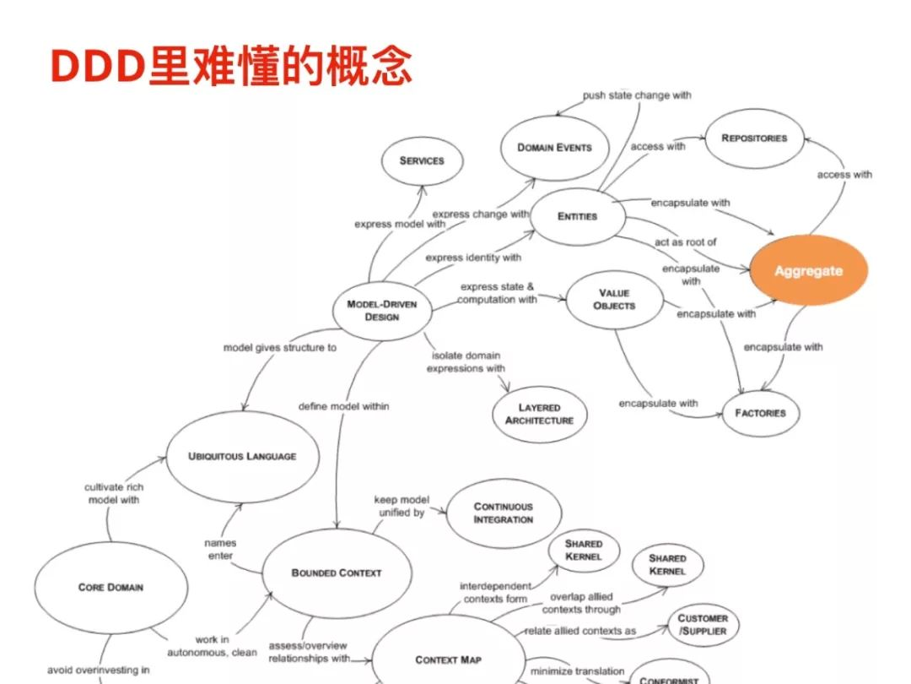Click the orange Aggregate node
pos(808,270)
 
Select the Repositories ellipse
pos(754,138)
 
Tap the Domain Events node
pos(554,147)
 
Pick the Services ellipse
pos(422,160)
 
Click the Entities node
pos(577,217)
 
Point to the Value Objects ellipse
pos(614,299)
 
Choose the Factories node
pos(760,413)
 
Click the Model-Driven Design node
pos(382,310)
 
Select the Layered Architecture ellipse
pos(539,414)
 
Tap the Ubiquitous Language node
pos(242,456)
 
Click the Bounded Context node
pos(337,573)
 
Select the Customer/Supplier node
pos(702,625)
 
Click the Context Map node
pos(448,660)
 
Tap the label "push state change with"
pos(637,95)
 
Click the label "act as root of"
pos(686,242)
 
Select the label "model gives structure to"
pos(279,348)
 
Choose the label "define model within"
pos(344,406)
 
